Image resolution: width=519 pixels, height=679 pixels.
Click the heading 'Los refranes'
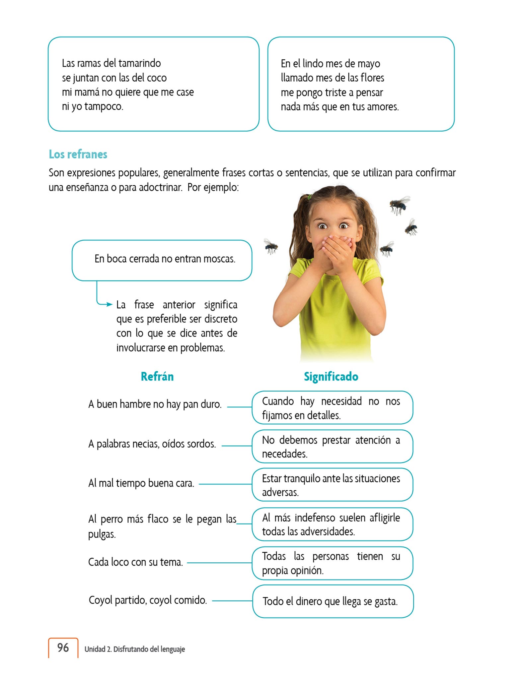78,154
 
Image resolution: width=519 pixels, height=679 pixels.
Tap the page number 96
63,648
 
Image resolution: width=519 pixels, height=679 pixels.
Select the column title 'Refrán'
157,377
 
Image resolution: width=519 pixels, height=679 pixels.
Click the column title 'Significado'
331,377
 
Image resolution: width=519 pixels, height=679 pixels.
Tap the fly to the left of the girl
271,246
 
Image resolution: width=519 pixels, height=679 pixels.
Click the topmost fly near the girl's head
399,204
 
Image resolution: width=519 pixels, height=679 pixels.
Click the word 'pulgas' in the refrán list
102,534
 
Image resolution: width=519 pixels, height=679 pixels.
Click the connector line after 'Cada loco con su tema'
219,563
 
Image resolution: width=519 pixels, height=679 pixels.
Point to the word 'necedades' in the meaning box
284,454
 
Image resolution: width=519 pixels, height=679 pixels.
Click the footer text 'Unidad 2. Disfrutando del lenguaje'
134,649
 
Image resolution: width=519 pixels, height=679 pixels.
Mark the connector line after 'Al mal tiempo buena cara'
225,484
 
